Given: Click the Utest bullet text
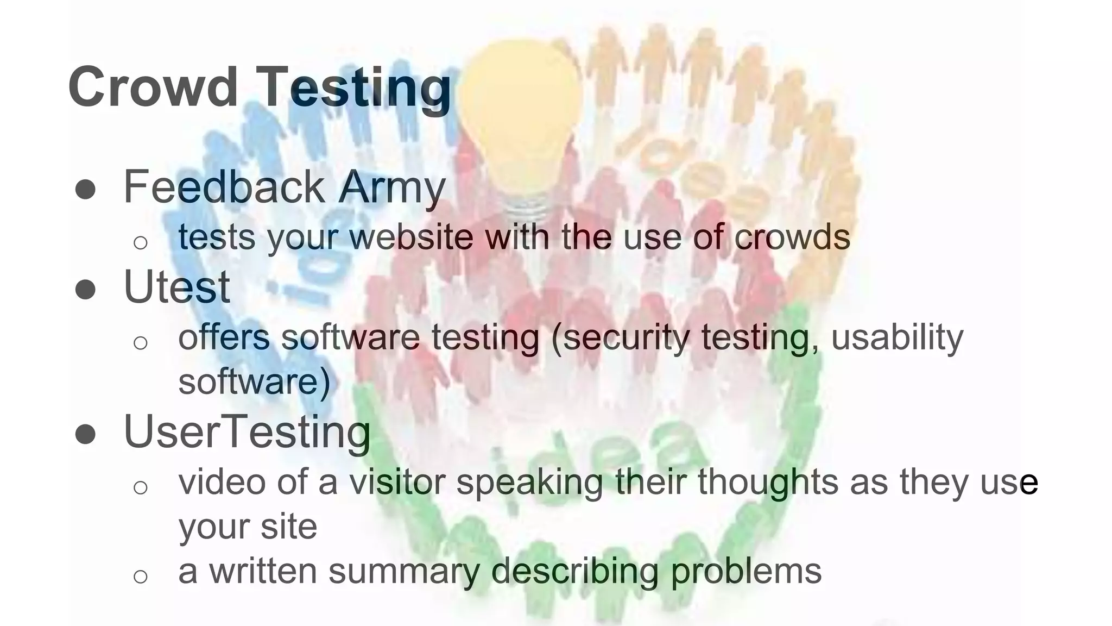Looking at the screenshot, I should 177,287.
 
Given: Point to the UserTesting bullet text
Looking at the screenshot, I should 247,432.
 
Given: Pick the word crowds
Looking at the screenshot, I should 792,237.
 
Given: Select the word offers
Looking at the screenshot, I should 224,337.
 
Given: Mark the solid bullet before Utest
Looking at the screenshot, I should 85,289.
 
